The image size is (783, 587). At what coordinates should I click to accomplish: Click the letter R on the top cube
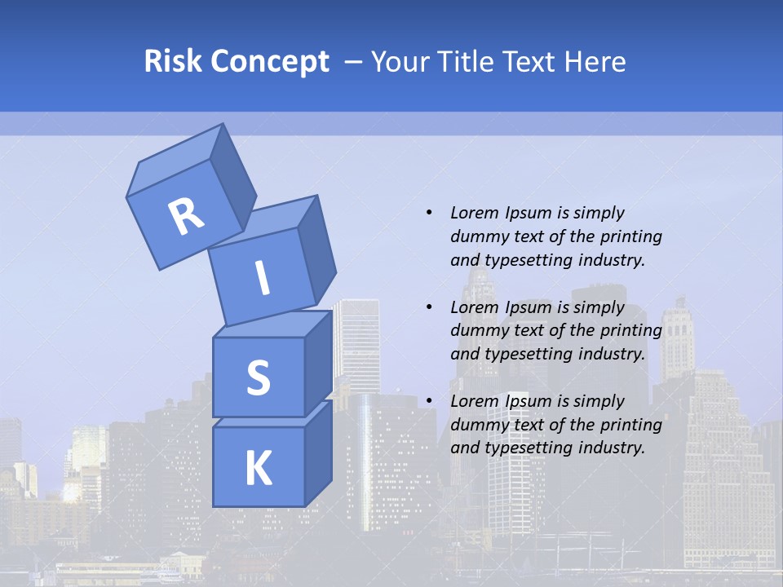pos(186,216)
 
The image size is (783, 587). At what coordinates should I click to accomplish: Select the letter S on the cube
pos(258,377)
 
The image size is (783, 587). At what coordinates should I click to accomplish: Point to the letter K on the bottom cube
pos(258,469)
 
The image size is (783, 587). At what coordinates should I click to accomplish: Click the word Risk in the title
pos(173,61)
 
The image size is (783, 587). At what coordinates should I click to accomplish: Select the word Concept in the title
pos(270,61)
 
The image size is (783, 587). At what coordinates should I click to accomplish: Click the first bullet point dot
pos(430,213)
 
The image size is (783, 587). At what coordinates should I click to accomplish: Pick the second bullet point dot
pos(430,307)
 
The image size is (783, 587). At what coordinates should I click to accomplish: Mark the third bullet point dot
pos(430,401)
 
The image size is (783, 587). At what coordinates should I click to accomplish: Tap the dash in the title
pos(353,61)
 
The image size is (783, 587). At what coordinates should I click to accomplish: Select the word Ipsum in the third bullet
pos(530,401)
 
